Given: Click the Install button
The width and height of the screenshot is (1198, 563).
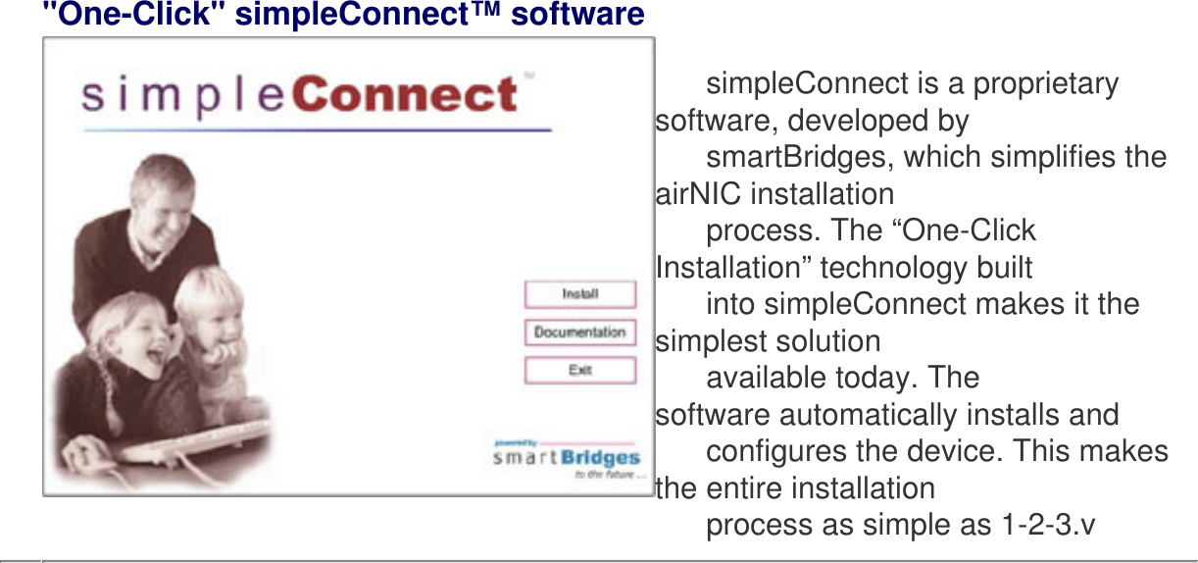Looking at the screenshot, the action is pos(579,294).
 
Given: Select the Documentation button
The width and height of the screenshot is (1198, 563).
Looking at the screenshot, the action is pos(579,333).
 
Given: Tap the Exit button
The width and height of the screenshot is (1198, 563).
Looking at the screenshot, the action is pos(579,371).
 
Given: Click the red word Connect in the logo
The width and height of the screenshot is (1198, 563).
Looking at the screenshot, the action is pos(405,95).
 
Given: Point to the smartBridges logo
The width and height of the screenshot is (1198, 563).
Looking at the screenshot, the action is pos(567,458).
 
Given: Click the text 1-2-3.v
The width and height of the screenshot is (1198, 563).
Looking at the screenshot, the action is pos(1047,525).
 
